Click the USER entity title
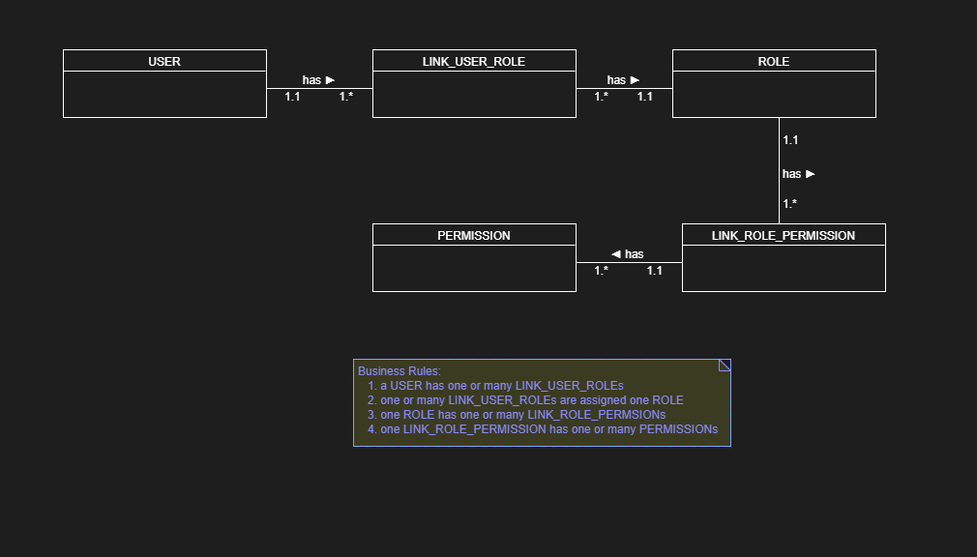(x=164, y=61)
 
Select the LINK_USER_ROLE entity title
(x=474, y=61)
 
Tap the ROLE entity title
(x=774, y=61)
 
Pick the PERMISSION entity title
(x=474, y=235)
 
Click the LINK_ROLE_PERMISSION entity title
(x=784, y=235)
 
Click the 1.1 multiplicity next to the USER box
(x=292, y=97)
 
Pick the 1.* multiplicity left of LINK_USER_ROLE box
(x=346, y=97)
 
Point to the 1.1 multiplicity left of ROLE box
(x=644, y=97)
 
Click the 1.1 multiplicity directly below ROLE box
(x=790, y=140)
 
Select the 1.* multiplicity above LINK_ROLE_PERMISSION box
(x=790, y=204)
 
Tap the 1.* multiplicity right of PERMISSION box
(x=602, y=271)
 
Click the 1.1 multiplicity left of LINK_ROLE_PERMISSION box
(x=655, y=271)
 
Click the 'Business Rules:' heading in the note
(x=400, y=371)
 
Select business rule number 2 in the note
(x=531, y=400)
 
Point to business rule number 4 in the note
(x=548, y=429)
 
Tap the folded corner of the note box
(x=725, y=366)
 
